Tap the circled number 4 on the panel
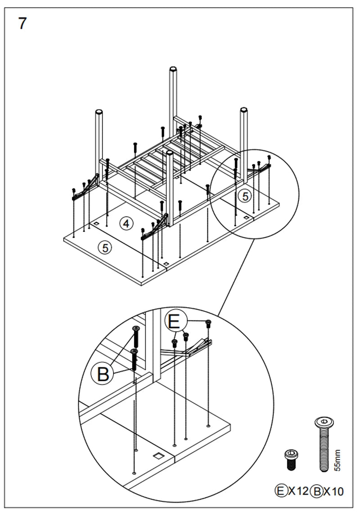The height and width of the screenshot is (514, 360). [x=126, y=223]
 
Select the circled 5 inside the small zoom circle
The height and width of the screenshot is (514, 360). [x=245, y=196]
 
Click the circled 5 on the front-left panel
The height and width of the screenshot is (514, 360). [x=105, y=248]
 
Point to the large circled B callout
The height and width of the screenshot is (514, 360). [x=103, y=374]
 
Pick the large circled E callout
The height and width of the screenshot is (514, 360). [x=174, y=321]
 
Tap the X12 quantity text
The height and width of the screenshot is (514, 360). [x=298, y=491]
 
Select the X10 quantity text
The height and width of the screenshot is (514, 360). [x=334, y=491]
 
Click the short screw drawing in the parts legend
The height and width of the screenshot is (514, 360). [x=291, y=459]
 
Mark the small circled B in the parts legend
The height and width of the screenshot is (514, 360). [x=317, y=491]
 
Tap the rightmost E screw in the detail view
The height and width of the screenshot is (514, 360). [x=208, y=322]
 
